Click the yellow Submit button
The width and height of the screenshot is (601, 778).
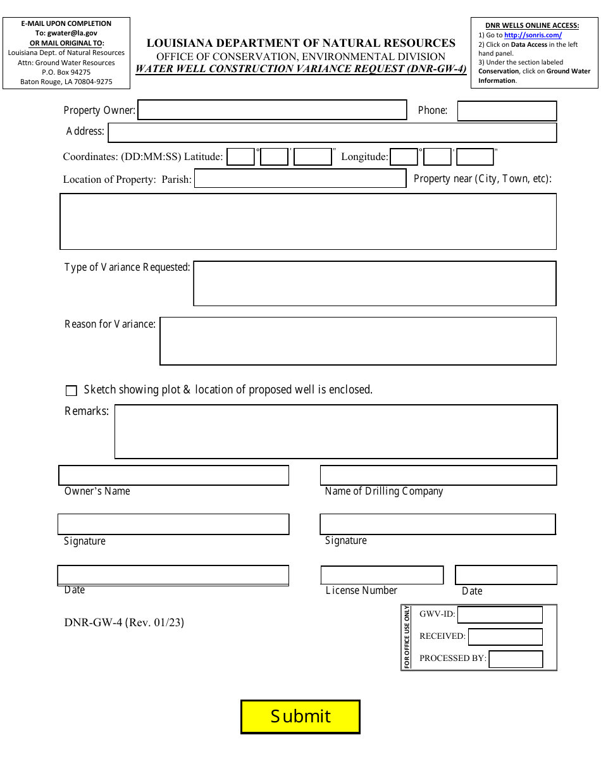(x=300, y=717)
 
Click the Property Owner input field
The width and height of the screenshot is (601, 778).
(x=272, y=110)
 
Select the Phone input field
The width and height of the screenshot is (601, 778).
(x=507, y=111)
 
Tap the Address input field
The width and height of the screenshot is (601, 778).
(x=332, y=133)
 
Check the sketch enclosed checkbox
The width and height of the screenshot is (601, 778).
(x=71, y=391)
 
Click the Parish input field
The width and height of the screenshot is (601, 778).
(x=300, y=179)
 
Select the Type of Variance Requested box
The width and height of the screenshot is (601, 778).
(x=375, y=283)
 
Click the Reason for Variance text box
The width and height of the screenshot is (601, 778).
(x=358, y=342)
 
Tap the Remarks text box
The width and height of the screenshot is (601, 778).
(x=336, y=431)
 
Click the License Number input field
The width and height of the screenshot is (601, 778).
(x=382, y=575)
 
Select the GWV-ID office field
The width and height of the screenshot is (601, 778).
(x=500, y=615)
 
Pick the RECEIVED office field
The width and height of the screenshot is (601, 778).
(x=505, y=637)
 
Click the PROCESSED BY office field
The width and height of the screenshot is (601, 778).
(x=516, y=659)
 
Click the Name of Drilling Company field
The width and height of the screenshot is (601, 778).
(x=438, y=476)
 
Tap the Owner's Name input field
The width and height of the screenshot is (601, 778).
(x=174, y=476)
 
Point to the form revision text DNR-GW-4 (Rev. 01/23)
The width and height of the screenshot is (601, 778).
(x=124, y=622)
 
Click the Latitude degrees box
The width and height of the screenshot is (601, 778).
(x=240, y=157)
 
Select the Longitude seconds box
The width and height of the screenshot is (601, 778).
(x=474, y=157)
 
